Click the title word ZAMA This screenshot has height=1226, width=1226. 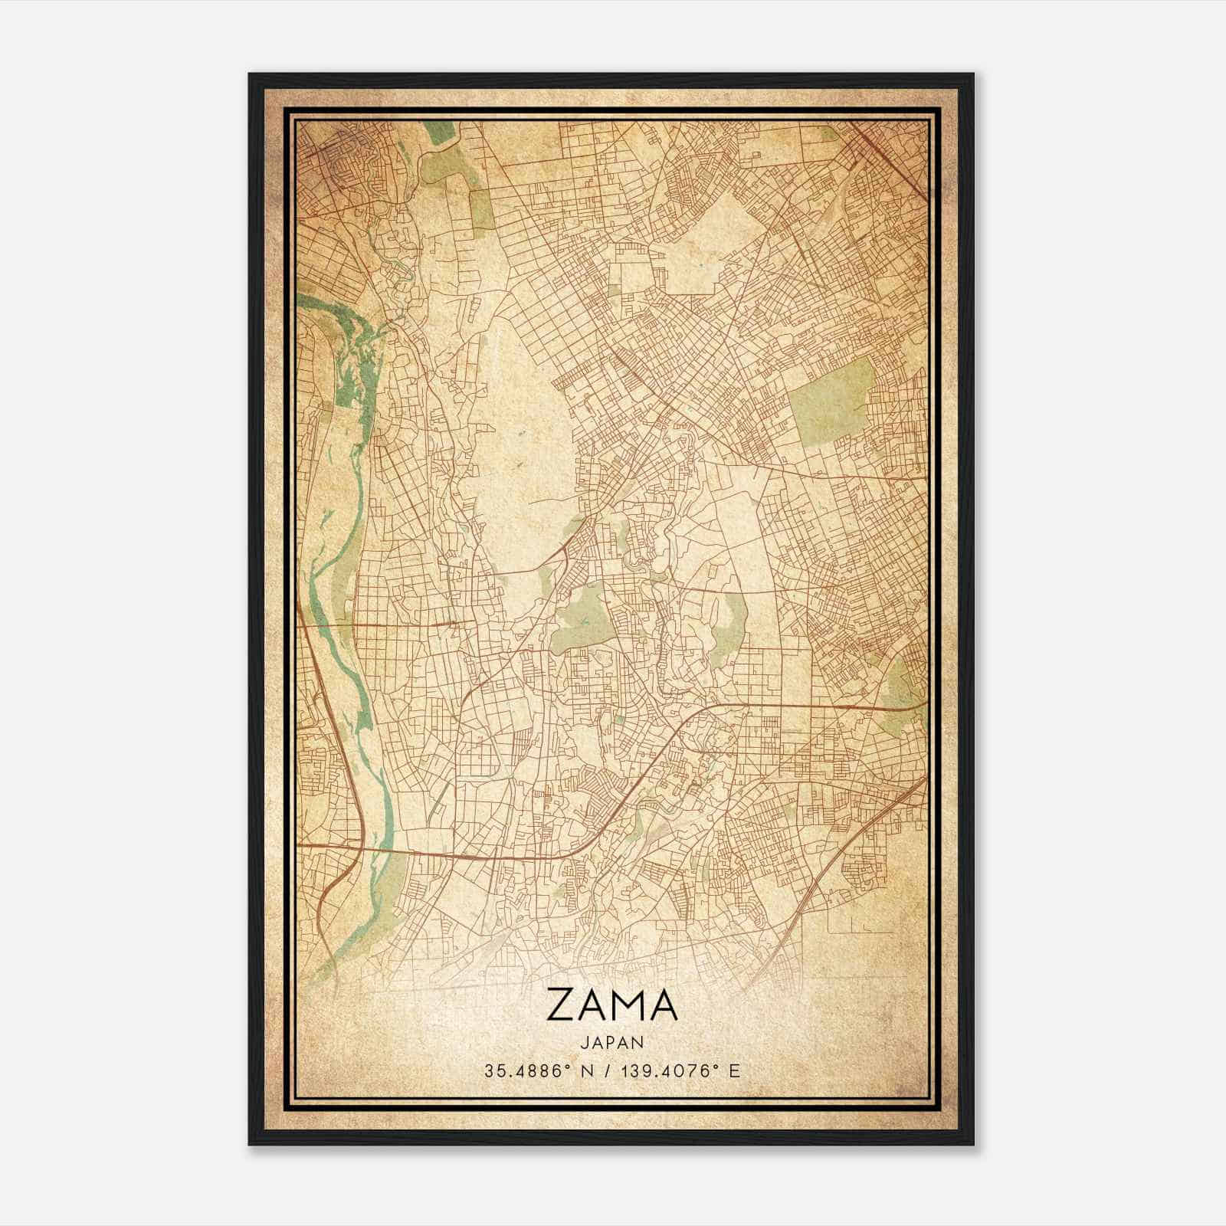click(612, 1006)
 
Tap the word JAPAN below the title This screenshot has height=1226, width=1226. click(612, 1043)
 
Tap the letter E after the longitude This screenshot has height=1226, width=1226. click(736, 1071)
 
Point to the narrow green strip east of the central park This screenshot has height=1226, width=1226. click(732, 621)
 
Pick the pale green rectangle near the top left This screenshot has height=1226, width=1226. click(481, 203)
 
